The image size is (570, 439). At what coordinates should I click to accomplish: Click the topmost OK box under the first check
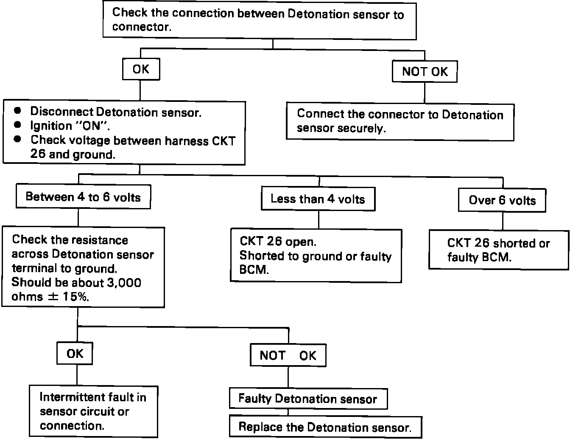[141, 69]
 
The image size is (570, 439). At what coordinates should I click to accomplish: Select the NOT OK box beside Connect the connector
[425, 71]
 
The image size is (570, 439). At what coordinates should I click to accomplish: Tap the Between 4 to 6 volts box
[84, 197]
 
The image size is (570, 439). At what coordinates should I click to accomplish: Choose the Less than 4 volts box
[318, 199]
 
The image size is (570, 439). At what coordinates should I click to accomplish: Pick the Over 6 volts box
[502, 200]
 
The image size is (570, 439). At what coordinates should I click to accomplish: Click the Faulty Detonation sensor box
[308, 399]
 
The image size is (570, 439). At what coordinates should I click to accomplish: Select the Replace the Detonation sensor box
[326, 427]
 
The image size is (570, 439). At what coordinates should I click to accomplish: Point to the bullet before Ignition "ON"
[17, 125]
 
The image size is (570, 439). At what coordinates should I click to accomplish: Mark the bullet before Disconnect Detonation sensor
[17, 110]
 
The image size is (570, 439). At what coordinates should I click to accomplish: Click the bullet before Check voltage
[17, 139]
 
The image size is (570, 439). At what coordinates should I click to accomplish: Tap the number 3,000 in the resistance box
[124, 283]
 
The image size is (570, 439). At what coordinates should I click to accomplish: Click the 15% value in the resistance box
[76, 297]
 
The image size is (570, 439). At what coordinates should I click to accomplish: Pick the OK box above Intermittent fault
[75, 353]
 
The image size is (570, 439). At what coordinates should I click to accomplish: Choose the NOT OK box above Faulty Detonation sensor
[288, 355]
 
